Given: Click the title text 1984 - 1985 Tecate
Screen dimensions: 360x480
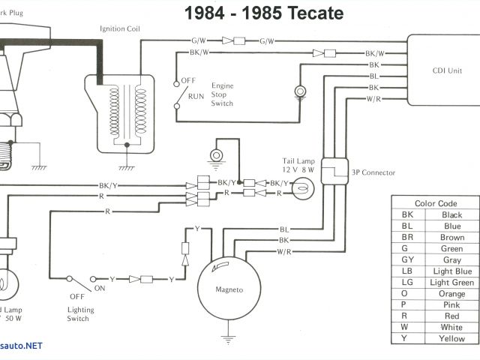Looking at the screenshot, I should (264, 13).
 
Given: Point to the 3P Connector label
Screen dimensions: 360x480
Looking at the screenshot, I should (373, 172).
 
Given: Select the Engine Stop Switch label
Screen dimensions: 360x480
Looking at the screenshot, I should (222, 94).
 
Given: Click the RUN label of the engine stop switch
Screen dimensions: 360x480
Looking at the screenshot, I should (196, 97).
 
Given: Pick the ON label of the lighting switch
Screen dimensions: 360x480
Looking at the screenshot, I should (99, 287).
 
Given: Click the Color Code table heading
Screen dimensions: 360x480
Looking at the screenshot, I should (436, 203).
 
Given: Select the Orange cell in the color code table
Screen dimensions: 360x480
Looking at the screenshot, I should (451, 294).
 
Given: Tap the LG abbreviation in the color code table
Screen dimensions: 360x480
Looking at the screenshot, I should (407, 283).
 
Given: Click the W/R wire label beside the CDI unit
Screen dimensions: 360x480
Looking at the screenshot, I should (374, 100).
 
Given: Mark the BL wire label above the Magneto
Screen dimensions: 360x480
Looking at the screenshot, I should (284, 229).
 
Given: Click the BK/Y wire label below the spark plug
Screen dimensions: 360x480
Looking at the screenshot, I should (107, 186).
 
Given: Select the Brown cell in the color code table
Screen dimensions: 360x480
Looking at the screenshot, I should (451, 238).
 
